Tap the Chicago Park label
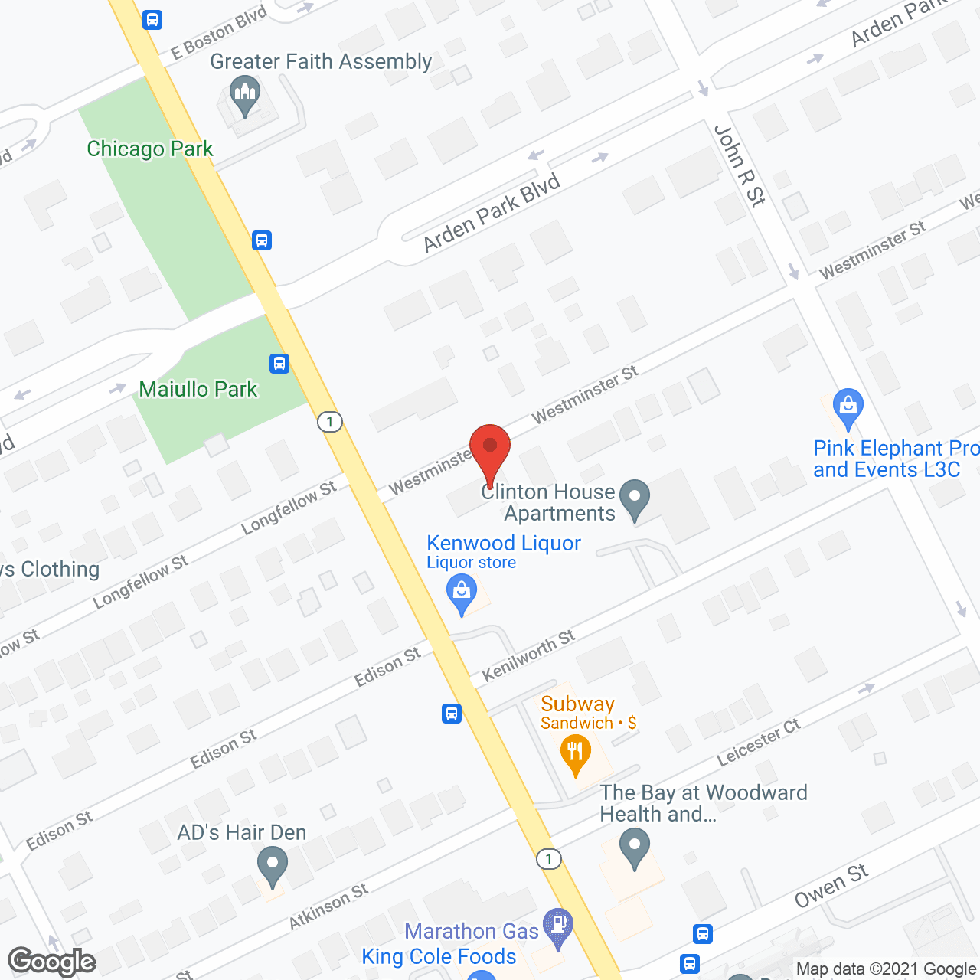click(x=150, y=149)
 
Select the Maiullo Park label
click(x=198, y=389)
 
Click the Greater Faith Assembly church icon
click(x=245, y=97)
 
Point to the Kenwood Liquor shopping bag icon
click(x=462, y=594)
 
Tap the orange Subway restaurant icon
click(x=575, y=753)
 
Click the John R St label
click(x=740, y=166)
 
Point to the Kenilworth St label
click(x=528, y=655)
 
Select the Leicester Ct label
click(x=758, y=743)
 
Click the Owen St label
click(x=831, y=886)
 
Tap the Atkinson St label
click(x=328, y=906)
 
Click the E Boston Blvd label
click(x=219, y=32)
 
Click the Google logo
click(x=52, y=962)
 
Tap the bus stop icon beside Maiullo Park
click(x=279, y=363)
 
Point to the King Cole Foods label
click(x=439, y=956)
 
